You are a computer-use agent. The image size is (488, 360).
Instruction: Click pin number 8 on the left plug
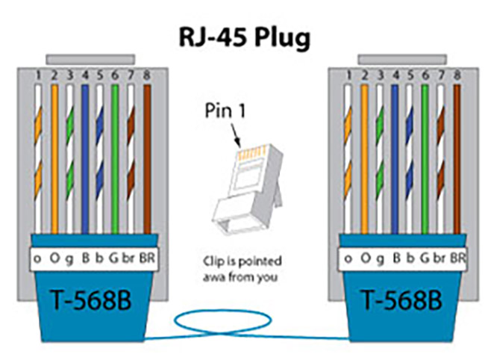pos(147,75)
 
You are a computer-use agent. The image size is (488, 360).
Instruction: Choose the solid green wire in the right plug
pos(424,157)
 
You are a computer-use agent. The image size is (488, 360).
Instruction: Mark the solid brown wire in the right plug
pos(456,157)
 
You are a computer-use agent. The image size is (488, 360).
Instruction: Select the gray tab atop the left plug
pos(89,58)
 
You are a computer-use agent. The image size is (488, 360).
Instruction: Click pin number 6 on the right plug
pos(424,75)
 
